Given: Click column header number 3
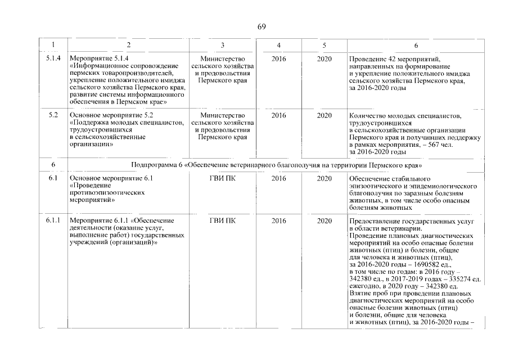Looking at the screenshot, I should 223,45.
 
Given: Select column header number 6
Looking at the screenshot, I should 416,45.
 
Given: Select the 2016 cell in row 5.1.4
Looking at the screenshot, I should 278,58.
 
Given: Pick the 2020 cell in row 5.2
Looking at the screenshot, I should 324,115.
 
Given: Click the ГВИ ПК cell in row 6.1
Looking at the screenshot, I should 223,179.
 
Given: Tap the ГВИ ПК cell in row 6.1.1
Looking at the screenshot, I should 223,220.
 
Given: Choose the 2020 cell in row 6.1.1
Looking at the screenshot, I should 324,220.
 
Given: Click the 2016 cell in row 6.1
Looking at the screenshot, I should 278,179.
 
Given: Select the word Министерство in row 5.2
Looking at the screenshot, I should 223,115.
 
